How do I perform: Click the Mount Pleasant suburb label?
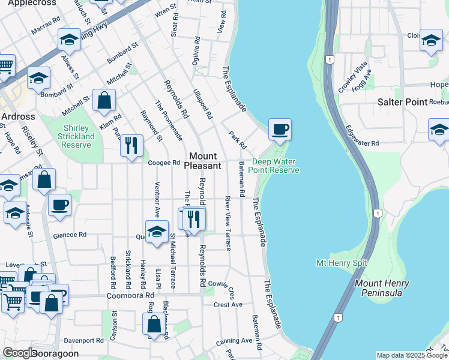click(202, 160)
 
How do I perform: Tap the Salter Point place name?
click(402, 102)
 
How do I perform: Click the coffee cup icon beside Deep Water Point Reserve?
click(280, 129)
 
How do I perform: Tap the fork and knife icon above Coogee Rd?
click(131, 146)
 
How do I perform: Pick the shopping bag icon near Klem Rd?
click(104, 101)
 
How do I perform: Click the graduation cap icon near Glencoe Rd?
click(157, 232)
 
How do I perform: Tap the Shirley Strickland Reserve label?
click(79, 136)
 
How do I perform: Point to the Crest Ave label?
click(228, 305)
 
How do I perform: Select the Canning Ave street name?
click(234, 340)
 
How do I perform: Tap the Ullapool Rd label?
click(203, 104)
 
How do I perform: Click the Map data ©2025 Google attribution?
click(412, 355)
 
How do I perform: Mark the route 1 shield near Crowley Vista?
click(330, 59)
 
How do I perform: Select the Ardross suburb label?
click(18, 116)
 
